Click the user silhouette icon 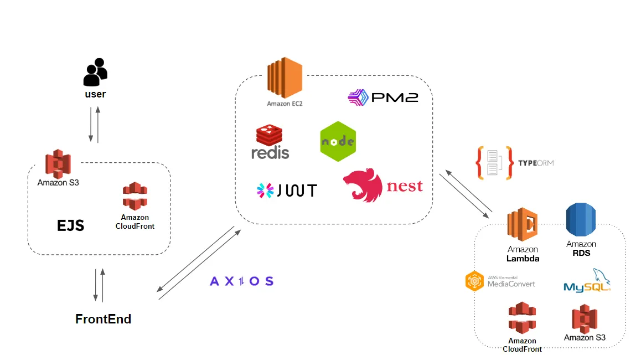(x=95, y=72)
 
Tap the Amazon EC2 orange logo (x=285, y=78)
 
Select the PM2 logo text (x=383, y=98)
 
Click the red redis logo (x=270, y=142)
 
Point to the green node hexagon (x=338, y=141)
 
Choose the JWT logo (x=287, y=191)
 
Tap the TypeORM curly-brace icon (x=492, y=163)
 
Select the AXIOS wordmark (x=242, y=281)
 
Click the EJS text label (x=71, y=225)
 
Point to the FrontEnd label (x=104, y=319)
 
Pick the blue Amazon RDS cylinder (x=581, y=221)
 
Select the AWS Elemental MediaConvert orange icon (x=475, y=281)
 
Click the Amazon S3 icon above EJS (x=58, y=163)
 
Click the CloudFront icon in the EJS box (x=135, y=197)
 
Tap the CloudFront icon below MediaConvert (x=522, y=318)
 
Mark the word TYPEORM (x=535, y=163)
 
